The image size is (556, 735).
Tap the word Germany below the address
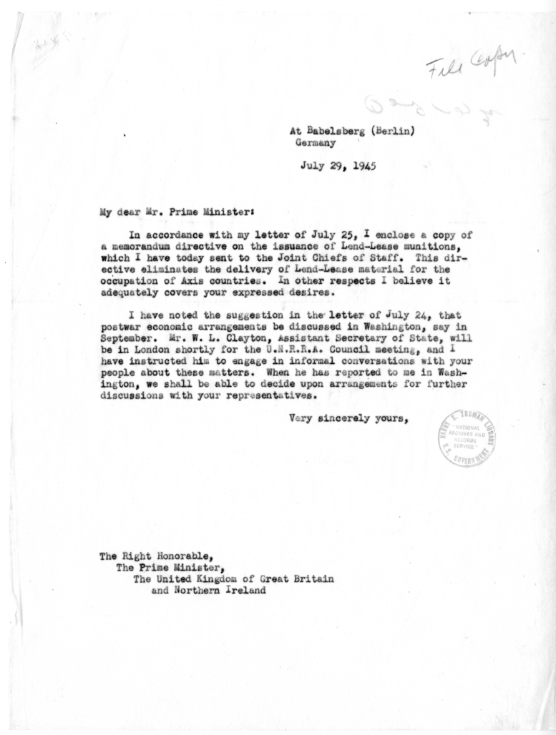(x=317, y=142)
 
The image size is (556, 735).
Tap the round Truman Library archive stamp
(x=469, y=438)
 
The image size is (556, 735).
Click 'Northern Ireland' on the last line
(x=213, y=591)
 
